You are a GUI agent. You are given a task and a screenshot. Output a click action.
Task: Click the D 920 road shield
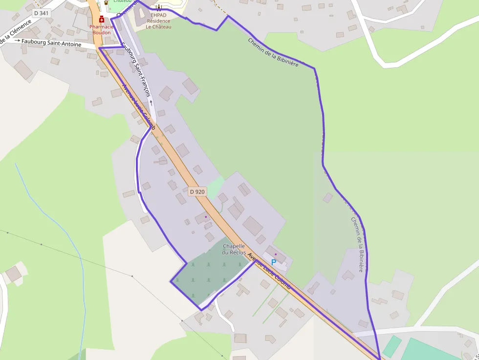pyautogui.click(x=197, y=192)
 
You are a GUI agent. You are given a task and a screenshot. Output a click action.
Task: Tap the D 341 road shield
pyautogui.click(x=42, y=13)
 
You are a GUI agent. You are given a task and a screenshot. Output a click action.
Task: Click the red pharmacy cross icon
pyautogui.click(x=102, y=20)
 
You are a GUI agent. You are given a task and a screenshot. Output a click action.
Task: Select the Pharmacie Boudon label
pyautogui.click(x=102, y=29)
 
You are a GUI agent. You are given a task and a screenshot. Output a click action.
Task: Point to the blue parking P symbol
pyautogui.click(x=274, y=262)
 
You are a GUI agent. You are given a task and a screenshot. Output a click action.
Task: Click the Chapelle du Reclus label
pyautogui.click(x=233, y=249)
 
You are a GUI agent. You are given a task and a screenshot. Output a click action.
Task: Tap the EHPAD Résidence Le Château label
pyautogui.click(x=158, y=21)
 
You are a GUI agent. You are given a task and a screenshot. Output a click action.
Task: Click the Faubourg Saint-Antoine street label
pyautogui.click(x=51, y=44)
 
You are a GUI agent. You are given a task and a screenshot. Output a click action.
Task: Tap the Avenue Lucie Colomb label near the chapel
pyautogui.click(x=269, y=272)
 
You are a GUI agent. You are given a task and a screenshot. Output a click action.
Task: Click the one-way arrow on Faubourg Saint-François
pyautogui.click(x=152, y=103)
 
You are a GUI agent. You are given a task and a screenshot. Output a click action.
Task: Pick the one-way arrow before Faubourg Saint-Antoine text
pyautogui.click(x=18, y=41)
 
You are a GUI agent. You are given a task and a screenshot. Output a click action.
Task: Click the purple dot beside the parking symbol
pyautogui.click(x=276, y=254)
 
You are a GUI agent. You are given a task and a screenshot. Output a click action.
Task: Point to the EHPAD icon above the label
pyautogui.click(x=158, y=7)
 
